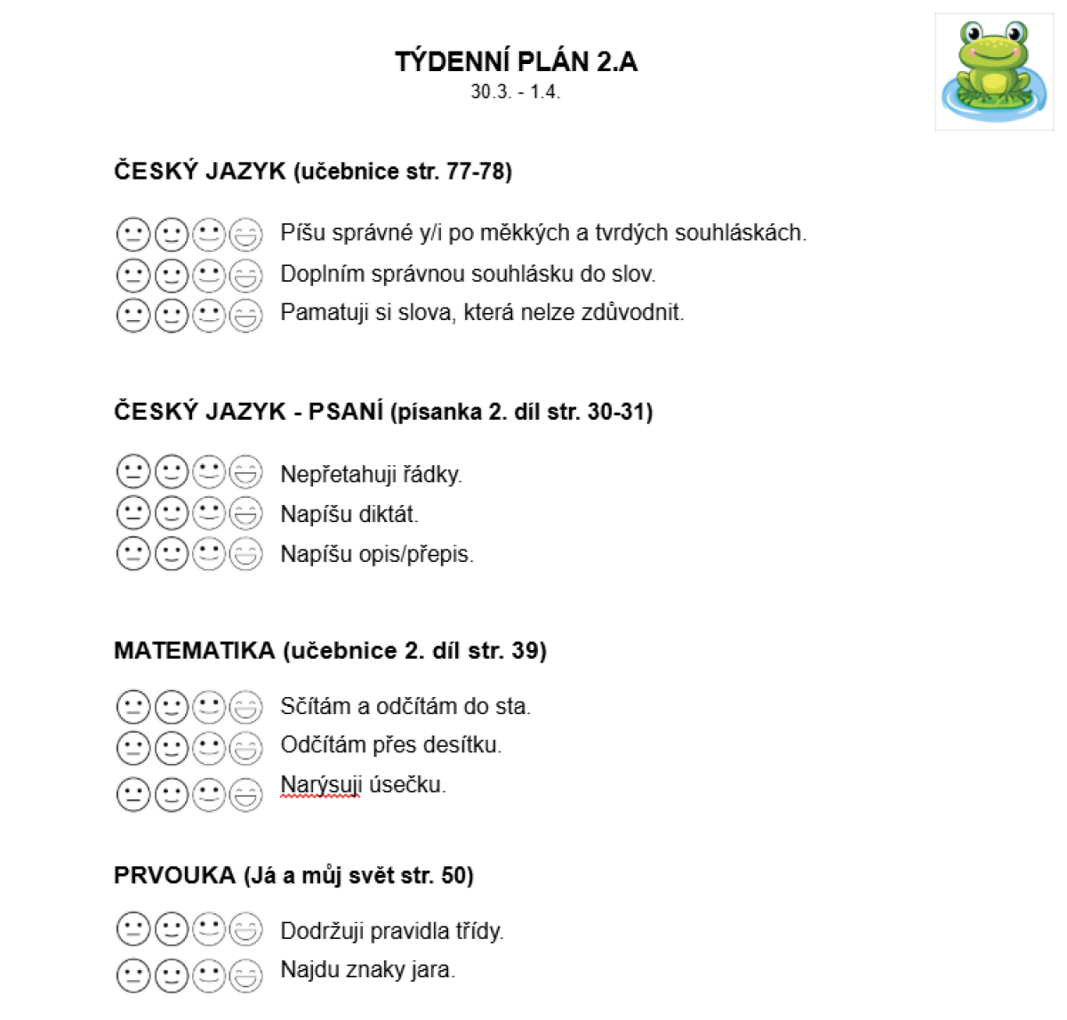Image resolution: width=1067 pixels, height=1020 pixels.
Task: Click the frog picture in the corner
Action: point(994,71)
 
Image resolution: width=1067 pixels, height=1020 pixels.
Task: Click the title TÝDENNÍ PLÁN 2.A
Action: point(516,61)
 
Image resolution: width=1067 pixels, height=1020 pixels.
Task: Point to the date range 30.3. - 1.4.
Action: point(516,92)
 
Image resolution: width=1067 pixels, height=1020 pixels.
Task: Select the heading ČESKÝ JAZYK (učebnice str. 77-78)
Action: point(313,171)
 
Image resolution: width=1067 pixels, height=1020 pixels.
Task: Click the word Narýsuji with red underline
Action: point(320,785)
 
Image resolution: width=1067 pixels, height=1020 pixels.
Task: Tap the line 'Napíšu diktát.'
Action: point(349,514)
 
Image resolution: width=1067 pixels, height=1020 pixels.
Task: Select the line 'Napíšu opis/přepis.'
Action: point(377,554)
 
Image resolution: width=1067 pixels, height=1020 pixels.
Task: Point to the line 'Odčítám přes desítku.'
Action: point(391,744)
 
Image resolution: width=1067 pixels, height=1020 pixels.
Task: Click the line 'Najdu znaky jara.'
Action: point(367,969)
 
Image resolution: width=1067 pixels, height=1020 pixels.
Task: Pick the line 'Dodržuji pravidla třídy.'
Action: point(392,931)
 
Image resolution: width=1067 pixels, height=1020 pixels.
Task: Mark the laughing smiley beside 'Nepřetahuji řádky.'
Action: point(246,472)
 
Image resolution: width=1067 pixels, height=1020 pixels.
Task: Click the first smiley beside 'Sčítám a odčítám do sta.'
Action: point(132,708)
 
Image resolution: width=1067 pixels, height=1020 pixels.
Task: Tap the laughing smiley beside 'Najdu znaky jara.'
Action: point(246,976)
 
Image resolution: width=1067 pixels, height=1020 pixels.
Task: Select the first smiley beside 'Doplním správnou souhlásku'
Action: point(132,275)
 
